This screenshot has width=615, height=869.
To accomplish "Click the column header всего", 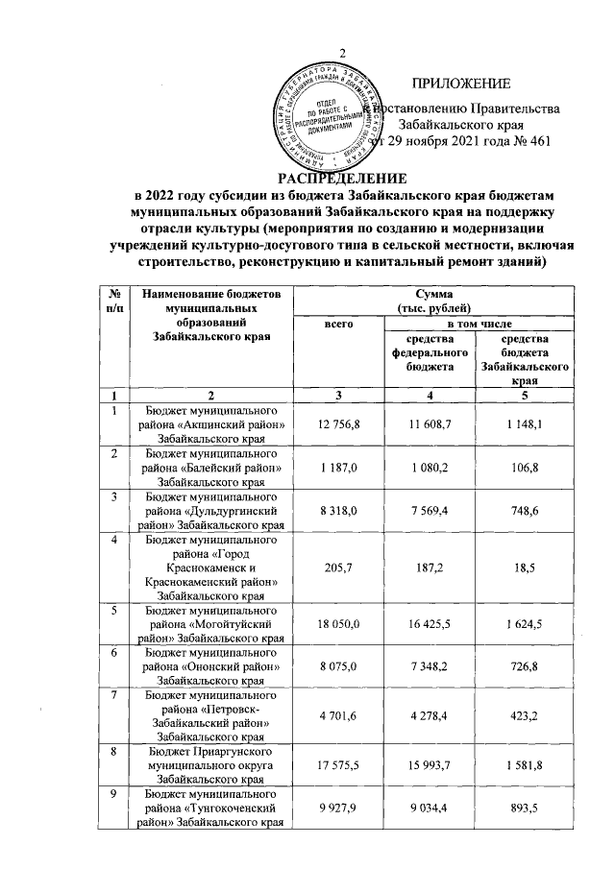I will click(x=335, y=326).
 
